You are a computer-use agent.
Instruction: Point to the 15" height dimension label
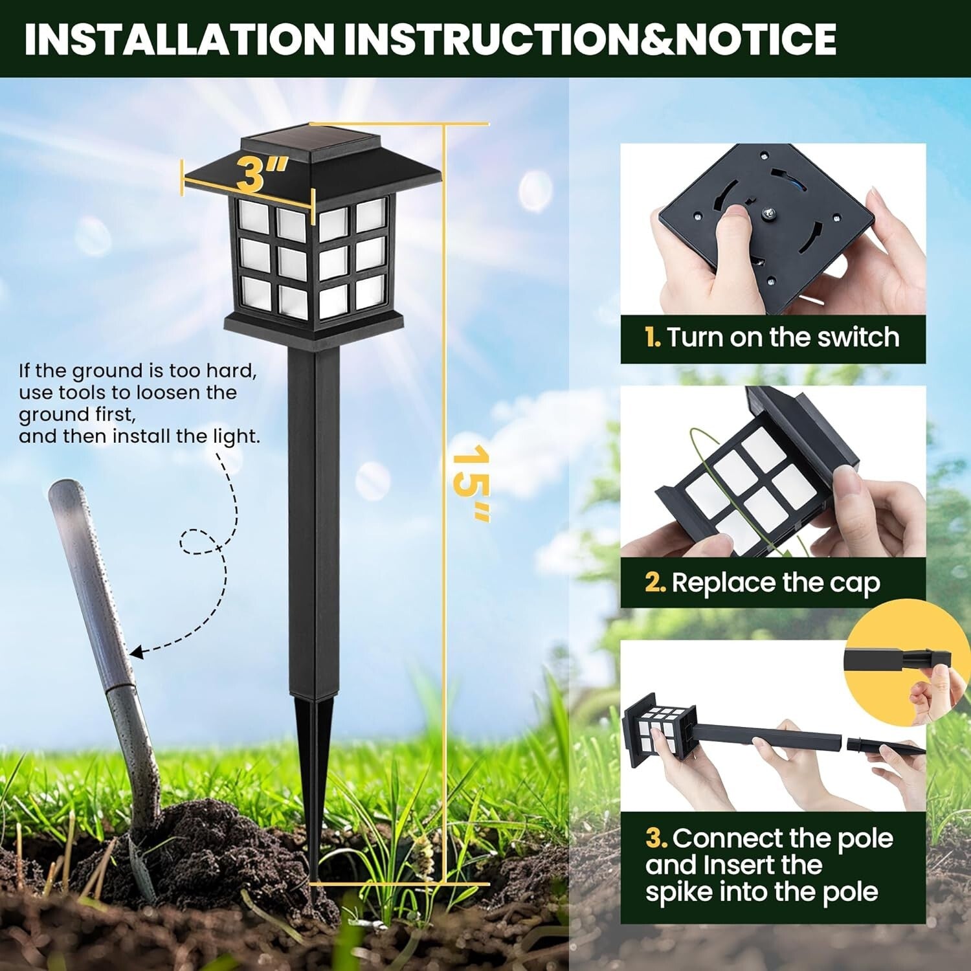coord(471,482)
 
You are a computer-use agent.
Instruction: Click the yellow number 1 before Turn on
coord(652,338)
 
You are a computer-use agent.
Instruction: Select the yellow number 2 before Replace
coord(654,583)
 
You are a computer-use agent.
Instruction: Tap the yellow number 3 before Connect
coord(656,838)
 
